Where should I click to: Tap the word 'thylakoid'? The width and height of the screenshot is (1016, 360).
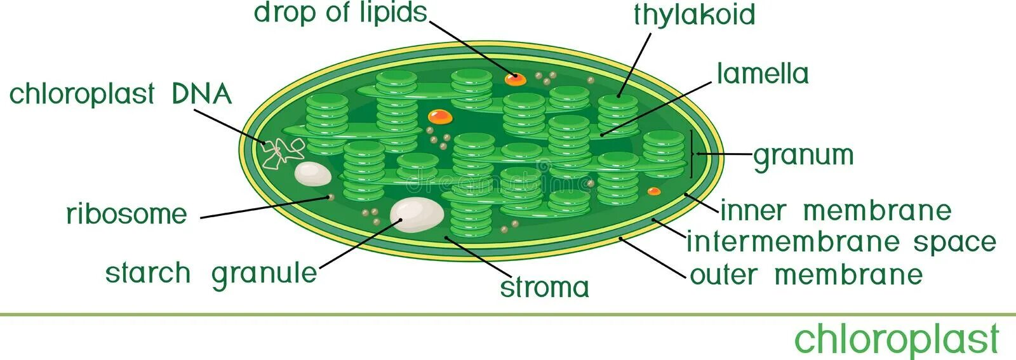(694, 15)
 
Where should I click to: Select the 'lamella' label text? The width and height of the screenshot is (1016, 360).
(763, 74)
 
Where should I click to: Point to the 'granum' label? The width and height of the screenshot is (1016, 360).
(803, 156)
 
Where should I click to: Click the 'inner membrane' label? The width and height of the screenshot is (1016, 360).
(836, 211)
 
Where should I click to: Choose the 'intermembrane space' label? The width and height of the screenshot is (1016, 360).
(841, 243)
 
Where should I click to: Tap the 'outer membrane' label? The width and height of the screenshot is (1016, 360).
(806, 275)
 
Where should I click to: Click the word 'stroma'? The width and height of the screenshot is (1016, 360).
(545, 288)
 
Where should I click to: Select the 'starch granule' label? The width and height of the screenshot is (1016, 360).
(211, 274)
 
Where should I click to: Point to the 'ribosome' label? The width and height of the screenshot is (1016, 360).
(127, 214)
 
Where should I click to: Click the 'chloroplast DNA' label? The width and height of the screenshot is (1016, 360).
(121, 95)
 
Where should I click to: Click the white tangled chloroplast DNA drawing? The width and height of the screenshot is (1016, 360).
(283, 152)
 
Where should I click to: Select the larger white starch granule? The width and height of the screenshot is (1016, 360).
(417, 214)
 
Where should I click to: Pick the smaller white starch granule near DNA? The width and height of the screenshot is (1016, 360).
(312, 174)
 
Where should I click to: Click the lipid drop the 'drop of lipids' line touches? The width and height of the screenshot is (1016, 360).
(515, 79)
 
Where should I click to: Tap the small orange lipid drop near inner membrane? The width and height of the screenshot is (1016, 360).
(653, 190)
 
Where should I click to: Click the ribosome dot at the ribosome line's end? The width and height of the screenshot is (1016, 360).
(330, 197)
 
